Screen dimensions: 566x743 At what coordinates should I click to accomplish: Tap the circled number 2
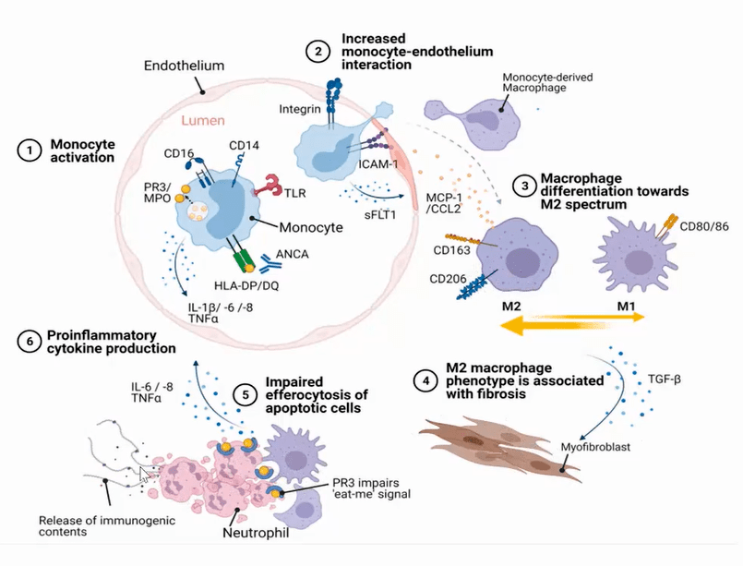(318, 53)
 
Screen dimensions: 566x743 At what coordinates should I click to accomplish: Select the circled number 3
(525, 187)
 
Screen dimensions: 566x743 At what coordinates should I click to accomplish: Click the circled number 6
(30, 341)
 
